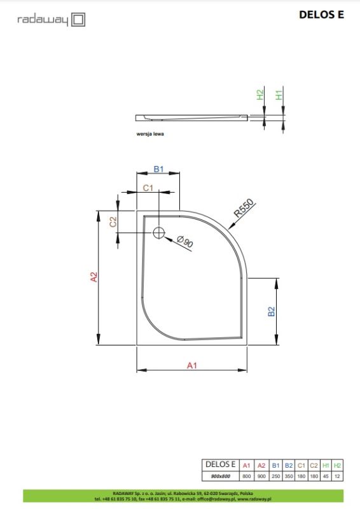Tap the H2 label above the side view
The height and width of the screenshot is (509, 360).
[x=260, y=95]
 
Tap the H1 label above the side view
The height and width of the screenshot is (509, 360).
[x=278, y=95]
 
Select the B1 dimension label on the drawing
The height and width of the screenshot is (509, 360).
[x=159, y=169]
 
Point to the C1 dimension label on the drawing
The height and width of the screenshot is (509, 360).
[x=147, y=188]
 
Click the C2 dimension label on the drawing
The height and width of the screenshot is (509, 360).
[x=113, y=221]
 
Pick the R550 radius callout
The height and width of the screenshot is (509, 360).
[x=244, y=209]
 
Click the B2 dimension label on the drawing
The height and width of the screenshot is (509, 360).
[x=271, y=312]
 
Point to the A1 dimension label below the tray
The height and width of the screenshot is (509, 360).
[x=191, y=365]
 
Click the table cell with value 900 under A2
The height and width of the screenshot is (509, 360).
[x=261, y=477]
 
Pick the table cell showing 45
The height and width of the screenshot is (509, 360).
[x=326, y=477]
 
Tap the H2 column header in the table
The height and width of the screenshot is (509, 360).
[x=338, y=465]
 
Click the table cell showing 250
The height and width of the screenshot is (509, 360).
[x=274, y=477]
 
